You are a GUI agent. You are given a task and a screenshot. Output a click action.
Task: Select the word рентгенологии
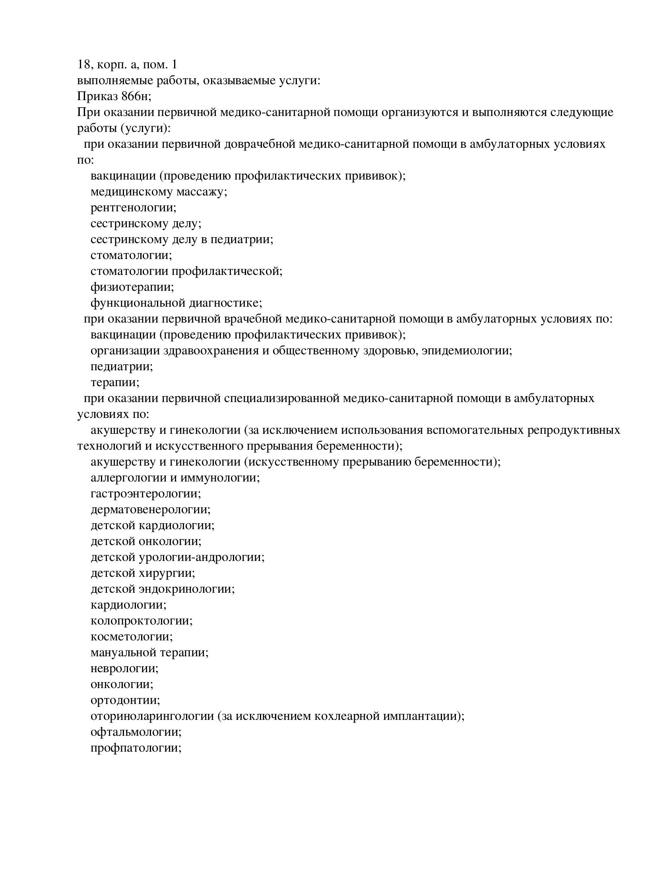(133, 208)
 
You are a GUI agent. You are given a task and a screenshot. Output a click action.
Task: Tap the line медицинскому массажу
(159, 192)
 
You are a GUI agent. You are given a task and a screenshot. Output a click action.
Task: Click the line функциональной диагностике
(176, 303)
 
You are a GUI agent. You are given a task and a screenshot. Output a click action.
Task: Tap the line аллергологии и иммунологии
(175, 478)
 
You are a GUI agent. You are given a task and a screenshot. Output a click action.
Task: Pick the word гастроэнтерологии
(145, 494)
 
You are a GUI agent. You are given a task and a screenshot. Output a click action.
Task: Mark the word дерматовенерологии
(151, 510)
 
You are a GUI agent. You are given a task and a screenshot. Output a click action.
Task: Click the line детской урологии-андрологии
(177, 557)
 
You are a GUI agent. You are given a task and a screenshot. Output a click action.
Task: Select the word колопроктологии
(141, 621)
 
